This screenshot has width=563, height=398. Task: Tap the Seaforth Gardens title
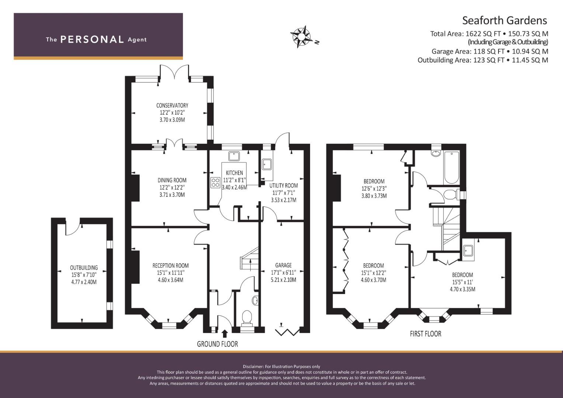click(x=504, y=21)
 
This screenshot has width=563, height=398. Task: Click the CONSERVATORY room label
click(x=172, y=105)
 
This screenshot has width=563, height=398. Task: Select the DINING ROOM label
click(x=172, y=180)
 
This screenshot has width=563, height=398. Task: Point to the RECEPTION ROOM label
click(x=170, y=266)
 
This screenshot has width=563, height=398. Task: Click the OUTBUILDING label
click(x=84, y=268)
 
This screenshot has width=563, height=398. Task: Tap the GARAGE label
click(x=284, y=265)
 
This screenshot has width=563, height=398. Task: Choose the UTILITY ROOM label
click(x=284, y=186)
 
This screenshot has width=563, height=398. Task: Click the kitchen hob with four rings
click(x=215, y=182)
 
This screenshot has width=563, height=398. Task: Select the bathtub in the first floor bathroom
click(x=452, y=167)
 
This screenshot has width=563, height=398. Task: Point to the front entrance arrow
click(x=225, y=334)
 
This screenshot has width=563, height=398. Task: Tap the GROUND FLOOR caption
click(x=218, y=344)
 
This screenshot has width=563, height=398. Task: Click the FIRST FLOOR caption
click(x=425, y=334)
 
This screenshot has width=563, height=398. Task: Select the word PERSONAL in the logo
click(x=92, y=39)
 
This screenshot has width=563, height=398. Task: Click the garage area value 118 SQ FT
click(x=489, y=51)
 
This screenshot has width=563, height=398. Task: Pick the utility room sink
click(x=267, y=164)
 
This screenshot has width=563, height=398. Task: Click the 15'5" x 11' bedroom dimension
click(x=462, y=282)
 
